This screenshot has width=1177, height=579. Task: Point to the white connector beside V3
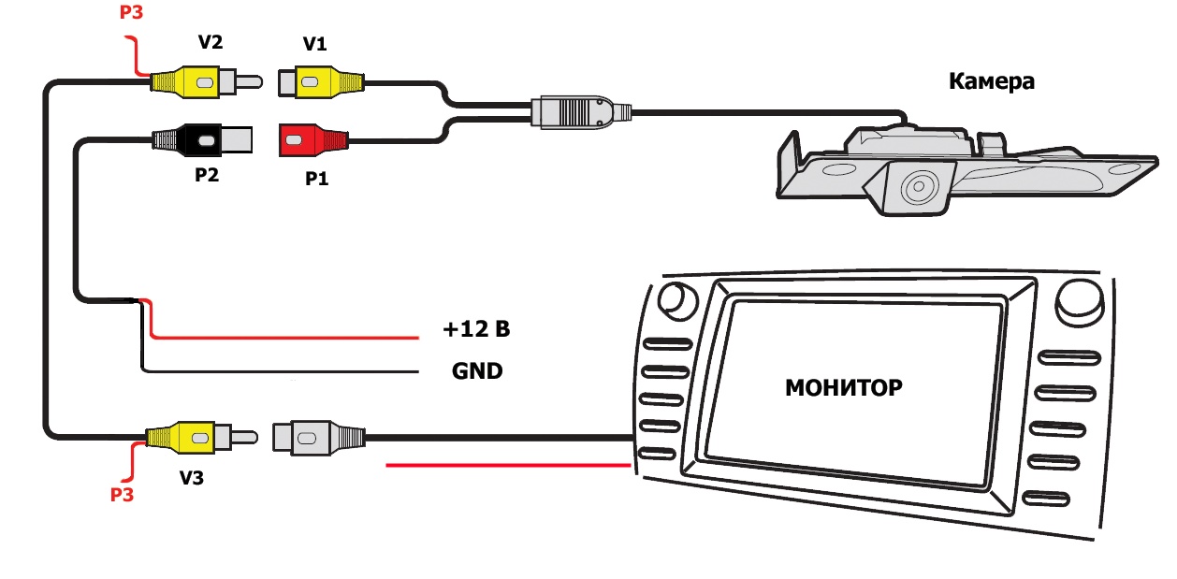click(x=313, y=437)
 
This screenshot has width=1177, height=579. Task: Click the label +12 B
click(x=476, y=329)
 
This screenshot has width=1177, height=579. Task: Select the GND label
click(x=477, y=371)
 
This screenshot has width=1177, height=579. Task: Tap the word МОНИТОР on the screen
click(x=844, y=386)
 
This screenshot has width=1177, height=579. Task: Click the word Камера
click(x=992, y=81)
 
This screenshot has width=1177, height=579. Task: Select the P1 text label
click(x=318, y=179)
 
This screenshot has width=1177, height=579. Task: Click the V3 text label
click(x=193, y=478)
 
